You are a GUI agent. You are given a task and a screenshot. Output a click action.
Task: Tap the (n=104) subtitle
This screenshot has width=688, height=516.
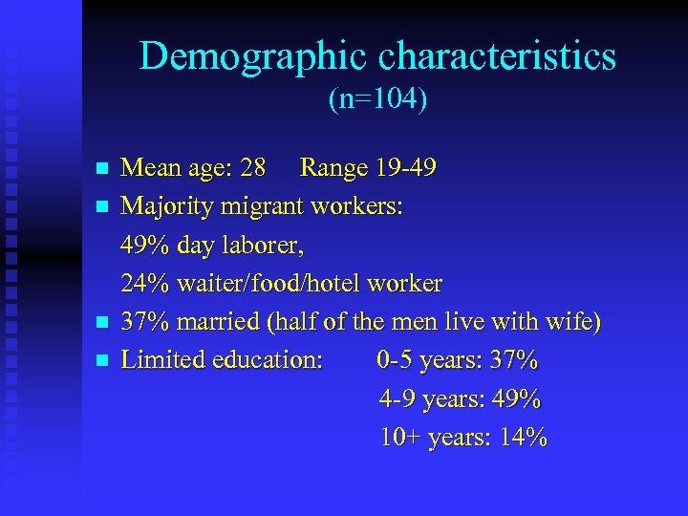[377, 99]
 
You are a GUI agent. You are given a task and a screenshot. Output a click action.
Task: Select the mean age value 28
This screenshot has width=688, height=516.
[253, 169]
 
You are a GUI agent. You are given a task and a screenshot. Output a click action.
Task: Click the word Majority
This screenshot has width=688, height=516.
[168, 206]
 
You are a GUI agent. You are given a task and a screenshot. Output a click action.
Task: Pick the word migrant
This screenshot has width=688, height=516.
[267, 206]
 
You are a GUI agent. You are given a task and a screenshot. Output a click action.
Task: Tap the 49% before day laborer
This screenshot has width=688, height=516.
[142, 246]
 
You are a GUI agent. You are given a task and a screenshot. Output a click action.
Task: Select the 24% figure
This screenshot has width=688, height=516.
[142, 284]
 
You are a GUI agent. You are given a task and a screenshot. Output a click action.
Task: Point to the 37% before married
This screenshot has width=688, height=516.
[142, 322]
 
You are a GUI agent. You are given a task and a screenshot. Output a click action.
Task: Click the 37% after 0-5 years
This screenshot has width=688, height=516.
[513, 360]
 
